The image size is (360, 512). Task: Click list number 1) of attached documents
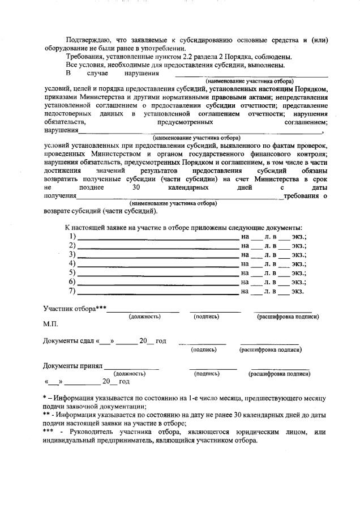point(72,236)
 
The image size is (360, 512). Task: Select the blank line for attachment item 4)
point(158,264)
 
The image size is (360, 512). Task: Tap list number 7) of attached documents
point(72,292)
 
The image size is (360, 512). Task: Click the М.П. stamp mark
point(51,326)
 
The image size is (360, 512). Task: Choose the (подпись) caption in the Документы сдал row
point(203,349)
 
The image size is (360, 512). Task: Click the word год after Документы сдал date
point(161,341)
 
